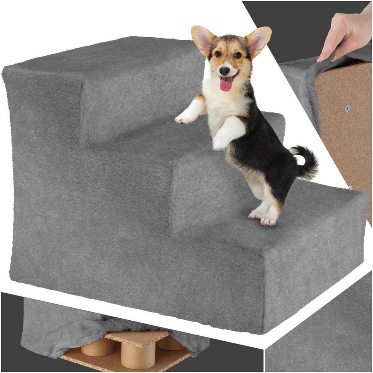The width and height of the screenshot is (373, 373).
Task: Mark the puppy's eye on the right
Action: [238, 55]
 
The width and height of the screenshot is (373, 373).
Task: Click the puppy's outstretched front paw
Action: [184, 118]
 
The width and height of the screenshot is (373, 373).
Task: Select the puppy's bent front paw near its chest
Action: [219, 142]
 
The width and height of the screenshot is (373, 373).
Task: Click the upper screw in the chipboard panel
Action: [347, 109]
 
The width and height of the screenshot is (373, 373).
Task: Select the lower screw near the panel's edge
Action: [349, 187]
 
